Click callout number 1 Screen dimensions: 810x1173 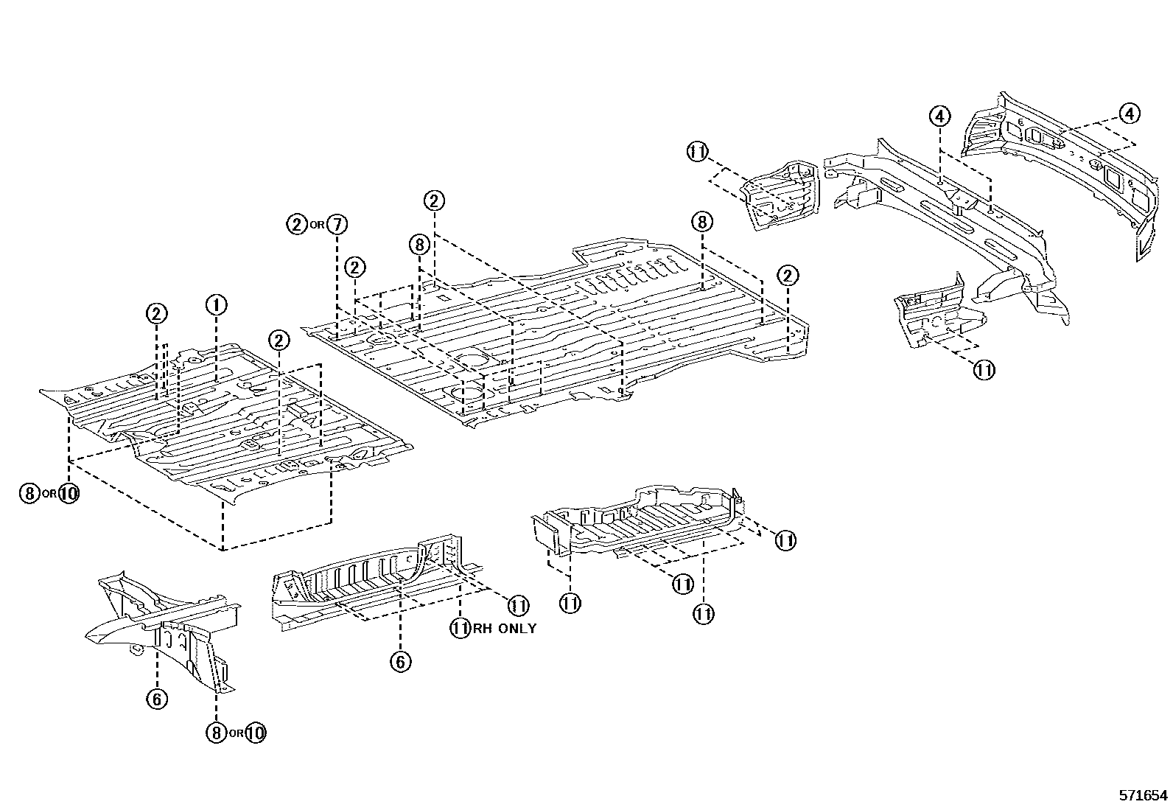click(216, 304)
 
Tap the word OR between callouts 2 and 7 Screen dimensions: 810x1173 click(316, 225)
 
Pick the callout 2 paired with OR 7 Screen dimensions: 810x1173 click(297, 224)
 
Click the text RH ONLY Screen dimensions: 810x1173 click(505, 629)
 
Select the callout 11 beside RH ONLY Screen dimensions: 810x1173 click(461, 629)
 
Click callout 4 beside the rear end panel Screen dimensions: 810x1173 click(1129, 114)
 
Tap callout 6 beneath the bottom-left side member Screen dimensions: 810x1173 click(158, 698)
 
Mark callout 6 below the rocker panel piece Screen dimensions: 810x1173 click(400, 662)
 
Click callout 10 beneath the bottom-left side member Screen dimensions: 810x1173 click(255, 733)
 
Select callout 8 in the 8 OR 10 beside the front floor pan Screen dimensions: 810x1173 click(29, 493)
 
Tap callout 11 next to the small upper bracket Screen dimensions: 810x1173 click(697, 152)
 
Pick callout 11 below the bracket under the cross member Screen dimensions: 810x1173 click(984, 369)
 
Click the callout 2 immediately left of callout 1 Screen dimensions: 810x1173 click(156, 313)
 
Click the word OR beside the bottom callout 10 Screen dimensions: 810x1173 click(235, 733)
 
